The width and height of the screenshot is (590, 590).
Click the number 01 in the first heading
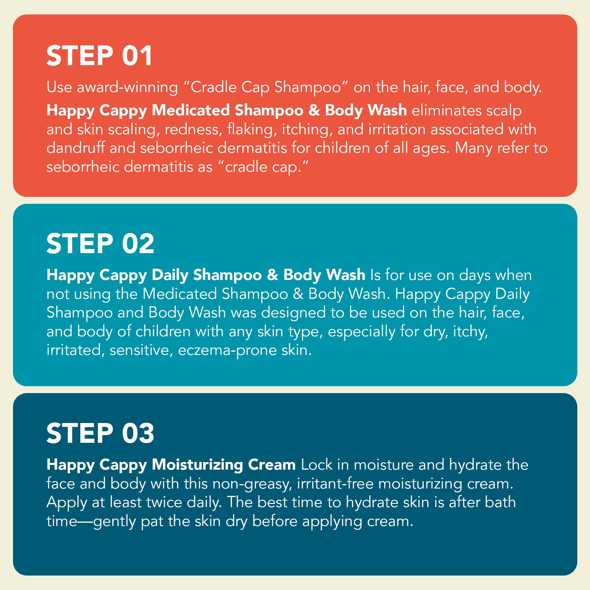(x=137, y=56)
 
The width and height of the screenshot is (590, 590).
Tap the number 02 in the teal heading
(x=138, y=243)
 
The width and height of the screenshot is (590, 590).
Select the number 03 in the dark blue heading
(x=138, y=433)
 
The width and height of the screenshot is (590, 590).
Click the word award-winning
(x=127, y=88)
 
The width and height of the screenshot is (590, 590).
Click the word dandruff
(x=76, y=148)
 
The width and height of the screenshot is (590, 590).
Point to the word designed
(x=294, y=313)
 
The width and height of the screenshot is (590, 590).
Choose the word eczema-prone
(x=227, y=350)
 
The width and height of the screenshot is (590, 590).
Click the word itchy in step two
(x=470, y=332)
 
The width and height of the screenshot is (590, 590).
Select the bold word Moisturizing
(x=197, y=465)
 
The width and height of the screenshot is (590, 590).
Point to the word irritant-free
(x=335, y=484)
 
